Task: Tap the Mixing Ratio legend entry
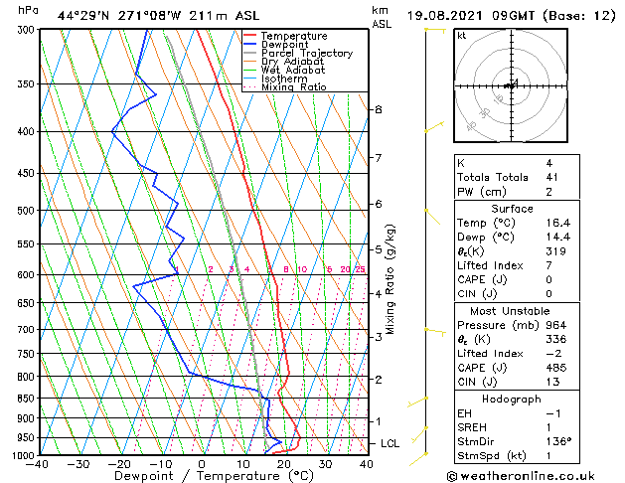(293, 87)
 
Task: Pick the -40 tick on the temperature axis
(40, 464)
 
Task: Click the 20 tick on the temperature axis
(284, 464)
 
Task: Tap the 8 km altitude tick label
(378, 109)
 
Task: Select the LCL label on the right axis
(391, 443)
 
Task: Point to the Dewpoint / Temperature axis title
(202, 476)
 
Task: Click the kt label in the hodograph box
(461, 36)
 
